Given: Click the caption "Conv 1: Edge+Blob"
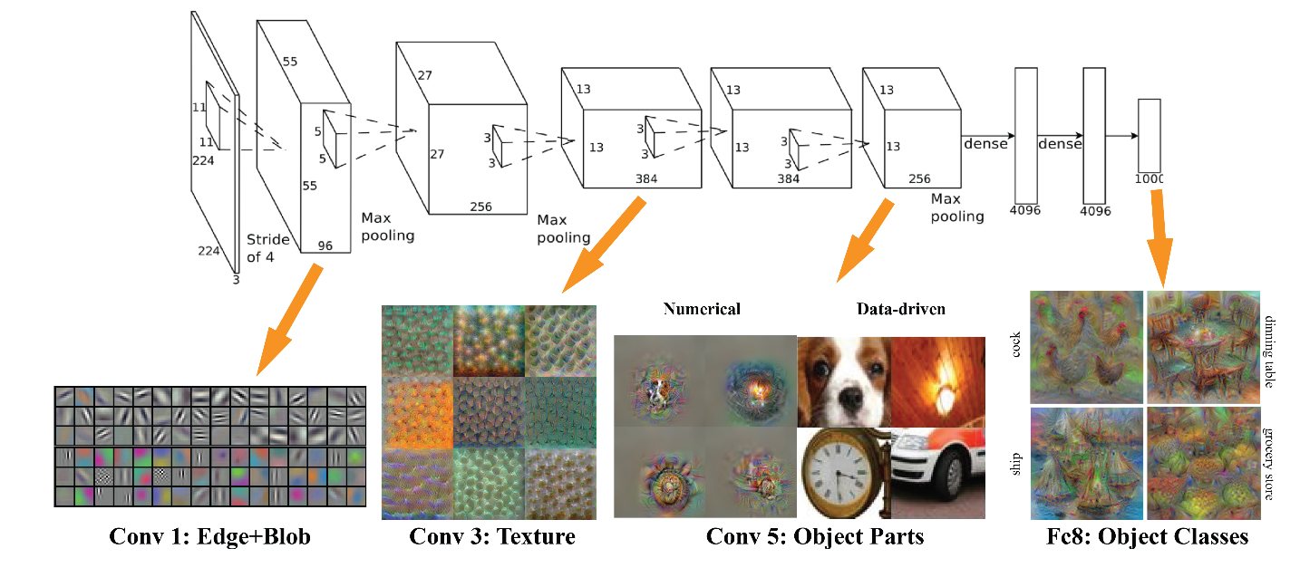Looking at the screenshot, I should [209, 537].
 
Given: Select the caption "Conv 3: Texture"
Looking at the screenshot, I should [492, 536].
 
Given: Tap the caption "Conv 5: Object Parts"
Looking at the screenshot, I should [815, 536].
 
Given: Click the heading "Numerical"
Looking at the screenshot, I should [702, 309].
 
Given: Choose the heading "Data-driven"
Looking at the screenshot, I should [900, 309].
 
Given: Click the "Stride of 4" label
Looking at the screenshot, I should [268, 248].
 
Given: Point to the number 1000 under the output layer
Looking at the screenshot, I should [1149, 179].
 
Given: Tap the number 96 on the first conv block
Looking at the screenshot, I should [325, 244].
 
